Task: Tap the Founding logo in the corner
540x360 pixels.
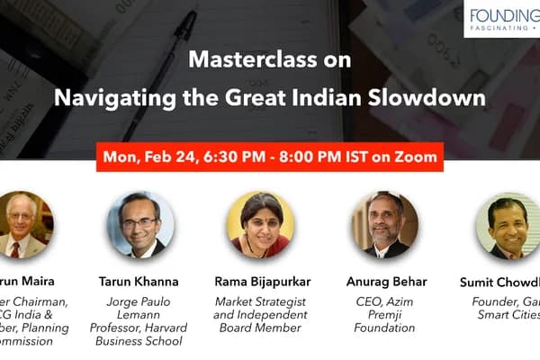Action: (504, 18)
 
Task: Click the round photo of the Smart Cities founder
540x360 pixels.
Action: (508, 225)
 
